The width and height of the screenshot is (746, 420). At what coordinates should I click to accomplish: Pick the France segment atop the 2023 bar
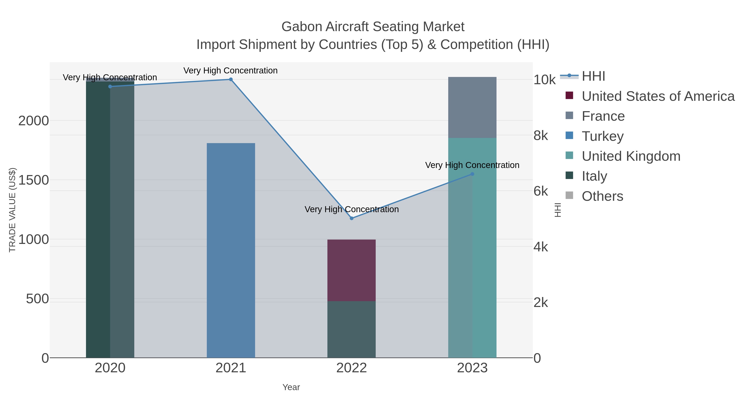tap(472, 107)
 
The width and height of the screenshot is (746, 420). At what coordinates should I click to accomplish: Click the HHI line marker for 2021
tap(231, 79)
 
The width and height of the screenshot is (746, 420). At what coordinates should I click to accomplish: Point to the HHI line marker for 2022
tap(352, 218)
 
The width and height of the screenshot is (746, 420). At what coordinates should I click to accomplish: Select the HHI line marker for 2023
tap(472, 174)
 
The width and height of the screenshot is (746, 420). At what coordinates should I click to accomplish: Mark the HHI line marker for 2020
tap(110, 86)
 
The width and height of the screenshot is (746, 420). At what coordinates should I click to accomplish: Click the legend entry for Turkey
tap(602, 136)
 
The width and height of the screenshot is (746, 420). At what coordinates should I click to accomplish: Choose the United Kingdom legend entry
tap(631, 156)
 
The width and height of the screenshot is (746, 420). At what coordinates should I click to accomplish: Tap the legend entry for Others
tap(602, 196)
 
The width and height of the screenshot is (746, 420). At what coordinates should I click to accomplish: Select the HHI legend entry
tap(593, 76)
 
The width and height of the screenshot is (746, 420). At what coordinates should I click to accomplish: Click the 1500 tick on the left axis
tap(34, 180)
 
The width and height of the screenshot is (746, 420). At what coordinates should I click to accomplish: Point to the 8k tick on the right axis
tap(540, 136)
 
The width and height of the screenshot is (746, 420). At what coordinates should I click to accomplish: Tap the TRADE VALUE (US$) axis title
tap(12, 210)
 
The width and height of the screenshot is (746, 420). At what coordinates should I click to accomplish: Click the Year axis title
tap(291, 387)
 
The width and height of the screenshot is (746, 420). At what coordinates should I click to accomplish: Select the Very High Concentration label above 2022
tap(352, 209)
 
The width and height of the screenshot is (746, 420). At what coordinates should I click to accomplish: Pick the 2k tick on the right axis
tap(540, 303)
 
